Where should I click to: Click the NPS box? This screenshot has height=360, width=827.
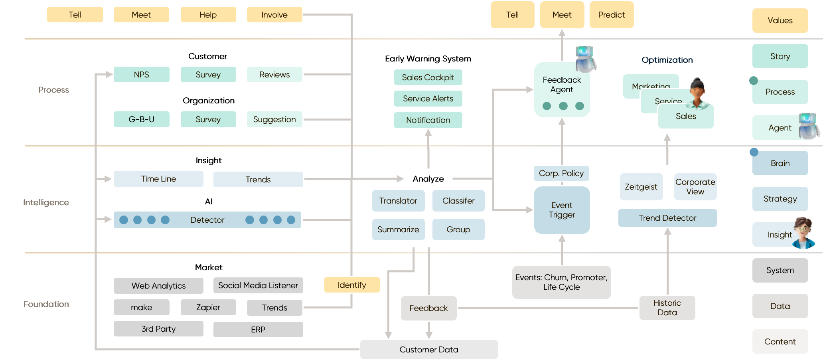coord(141,75)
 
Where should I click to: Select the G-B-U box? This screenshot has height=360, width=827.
coord(141,119)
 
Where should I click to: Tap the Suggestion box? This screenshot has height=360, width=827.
coord(274,119)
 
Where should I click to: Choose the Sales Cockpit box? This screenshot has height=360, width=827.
coord(428,77)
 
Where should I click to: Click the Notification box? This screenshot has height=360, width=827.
coord(428,120)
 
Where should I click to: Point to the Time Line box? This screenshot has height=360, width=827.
coord(158,179)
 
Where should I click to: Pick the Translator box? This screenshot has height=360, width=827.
coord(398,201)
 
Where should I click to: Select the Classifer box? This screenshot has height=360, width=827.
coord(458,201)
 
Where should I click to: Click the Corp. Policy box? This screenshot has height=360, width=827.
coord(561,173)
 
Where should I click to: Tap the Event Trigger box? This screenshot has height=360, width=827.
coord(562,210)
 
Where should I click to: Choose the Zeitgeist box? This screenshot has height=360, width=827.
coord(641,187)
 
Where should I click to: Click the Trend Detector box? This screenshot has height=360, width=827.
coord(667,218)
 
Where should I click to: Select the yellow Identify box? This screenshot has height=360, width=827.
coord(351,285)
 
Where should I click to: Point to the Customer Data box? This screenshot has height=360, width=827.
coord(428,350)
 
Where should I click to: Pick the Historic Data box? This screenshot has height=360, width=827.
coord(667,308)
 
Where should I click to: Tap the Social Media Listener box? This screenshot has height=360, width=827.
coord(258,285)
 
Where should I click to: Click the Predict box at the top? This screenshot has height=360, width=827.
coord(611,15)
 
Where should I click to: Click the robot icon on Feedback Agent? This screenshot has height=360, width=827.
coord(585,59)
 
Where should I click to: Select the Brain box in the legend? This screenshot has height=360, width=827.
coord(780,163)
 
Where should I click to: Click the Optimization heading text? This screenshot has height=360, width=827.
coord(667,60)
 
